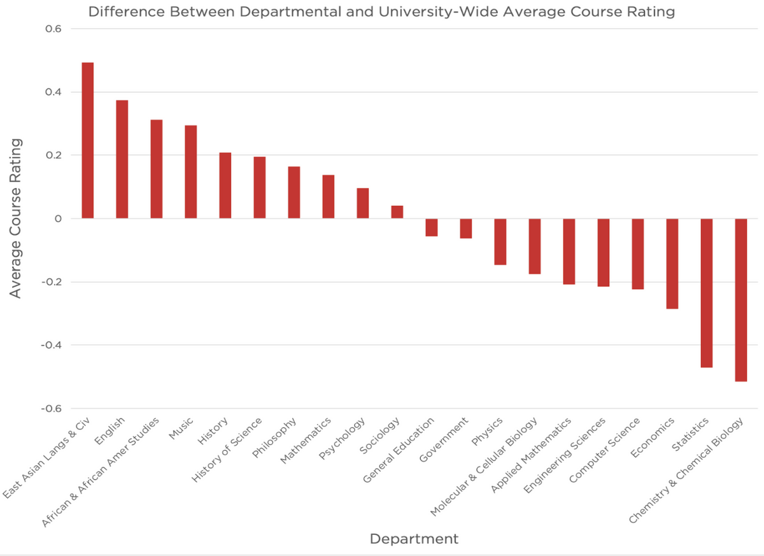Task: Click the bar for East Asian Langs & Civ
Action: tap(88, 140)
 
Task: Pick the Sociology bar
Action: tap(397, 212)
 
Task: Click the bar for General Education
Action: tap(432, 227)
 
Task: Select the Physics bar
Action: tap(500, 241)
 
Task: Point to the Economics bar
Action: tap(672, 264)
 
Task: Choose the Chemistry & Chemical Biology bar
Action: tap(741, 300)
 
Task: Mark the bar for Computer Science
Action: tap(638, 253)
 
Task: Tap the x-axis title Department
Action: tap(414, 539)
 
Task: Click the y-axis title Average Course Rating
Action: tap(15, 218)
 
